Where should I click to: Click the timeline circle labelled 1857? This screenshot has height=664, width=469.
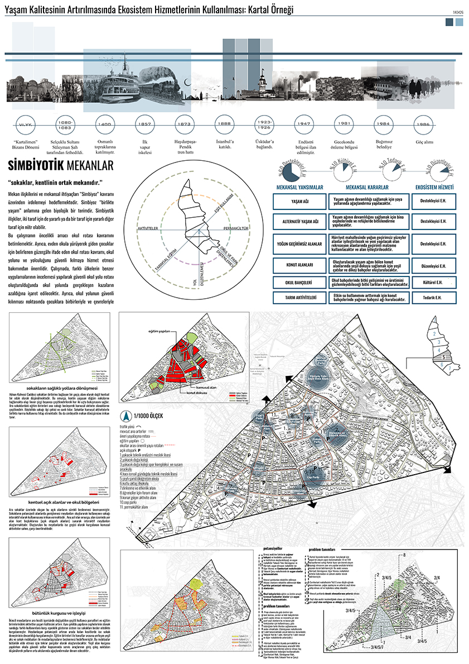143,123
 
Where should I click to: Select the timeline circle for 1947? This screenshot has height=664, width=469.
303,123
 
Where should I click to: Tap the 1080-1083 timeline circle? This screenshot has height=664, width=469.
65,123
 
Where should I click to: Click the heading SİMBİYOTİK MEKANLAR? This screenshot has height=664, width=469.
61,166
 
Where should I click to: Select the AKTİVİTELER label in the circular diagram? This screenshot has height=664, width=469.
149,229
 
